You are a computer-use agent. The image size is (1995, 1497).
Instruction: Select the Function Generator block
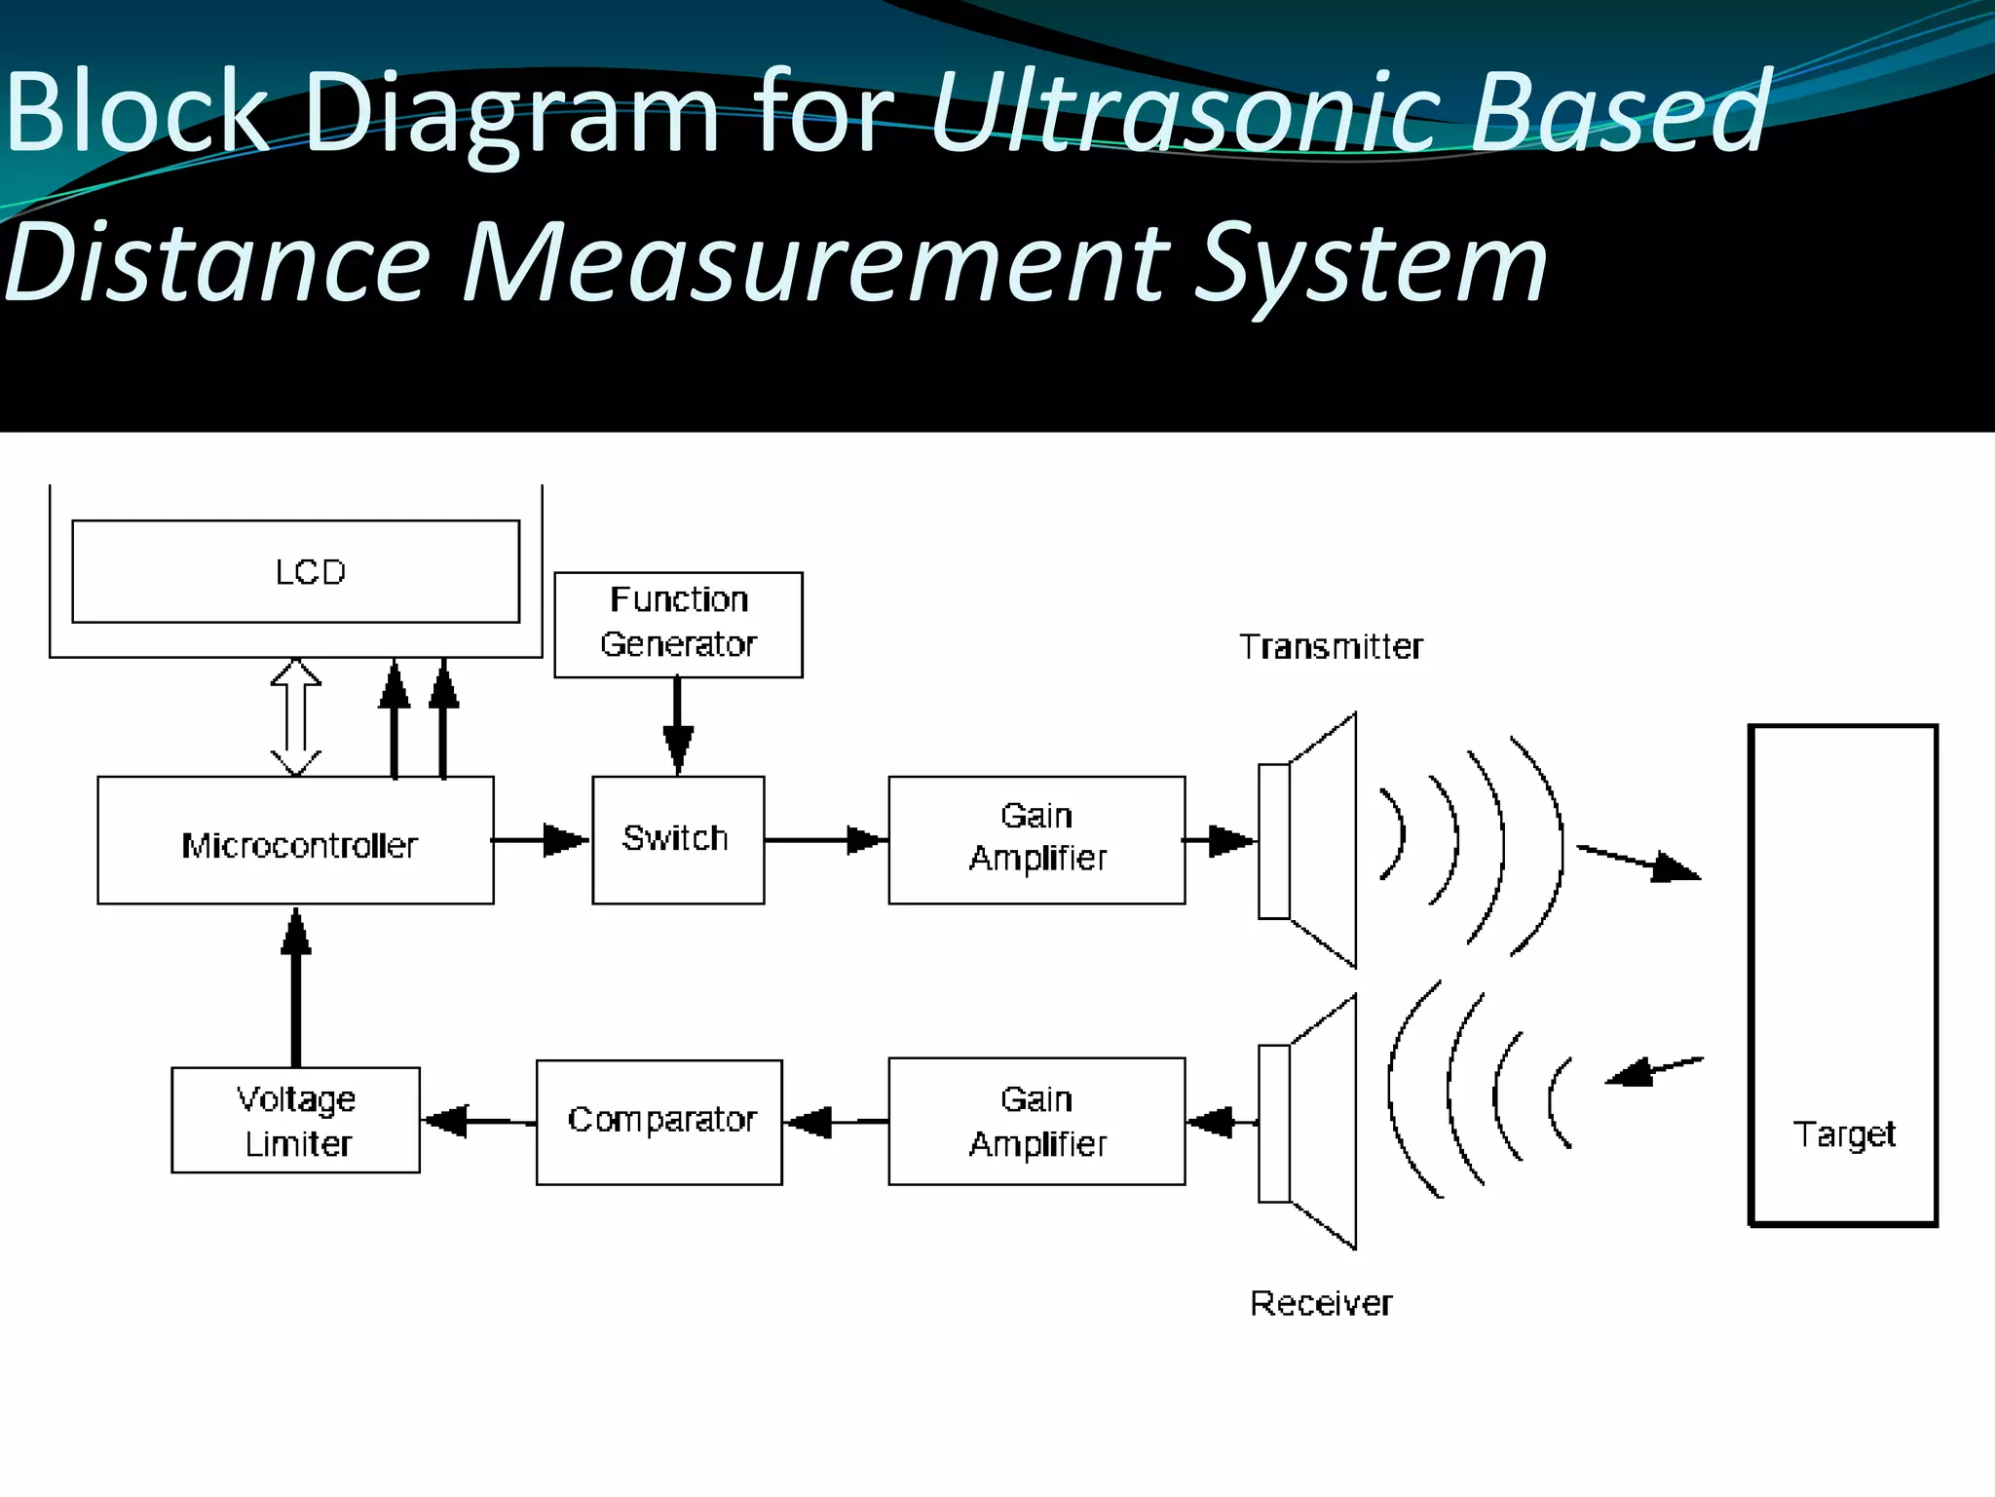tap(678, 624)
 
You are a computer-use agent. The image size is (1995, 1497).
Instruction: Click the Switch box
tap(678, 840)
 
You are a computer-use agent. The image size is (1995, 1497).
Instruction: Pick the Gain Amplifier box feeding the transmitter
tap(1036, 840)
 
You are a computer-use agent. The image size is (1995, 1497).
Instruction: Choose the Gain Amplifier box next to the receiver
tap(1036, 1121)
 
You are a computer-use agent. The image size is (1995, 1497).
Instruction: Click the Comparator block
tap(659, 1122)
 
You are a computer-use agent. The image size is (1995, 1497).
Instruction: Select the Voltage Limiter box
tap(295, 1120)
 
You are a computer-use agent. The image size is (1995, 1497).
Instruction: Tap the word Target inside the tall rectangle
tap(1843, 1134)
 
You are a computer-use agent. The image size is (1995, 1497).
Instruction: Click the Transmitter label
tap(1331, 647)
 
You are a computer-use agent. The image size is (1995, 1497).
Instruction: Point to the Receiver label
tap(1321, 1303)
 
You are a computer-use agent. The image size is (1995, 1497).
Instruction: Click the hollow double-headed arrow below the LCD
tap(295, 717)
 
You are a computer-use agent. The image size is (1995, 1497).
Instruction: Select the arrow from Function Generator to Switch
tap(678, 727)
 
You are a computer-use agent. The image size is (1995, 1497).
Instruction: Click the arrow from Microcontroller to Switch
tap(542, 840)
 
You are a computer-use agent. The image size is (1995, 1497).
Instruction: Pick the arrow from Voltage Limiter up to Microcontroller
tap(295, 984)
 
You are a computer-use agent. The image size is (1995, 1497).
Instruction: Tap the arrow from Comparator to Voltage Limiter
tap(477, 1122)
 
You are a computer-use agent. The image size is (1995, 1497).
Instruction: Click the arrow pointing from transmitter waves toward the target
tap(1638, 864)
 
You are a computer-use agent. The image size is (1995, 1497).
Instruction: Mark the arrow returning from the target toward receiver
tap(1654, 1070)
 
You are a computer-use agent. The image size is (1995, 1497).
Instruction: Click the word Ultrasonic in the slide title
tap(1184, 112)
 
